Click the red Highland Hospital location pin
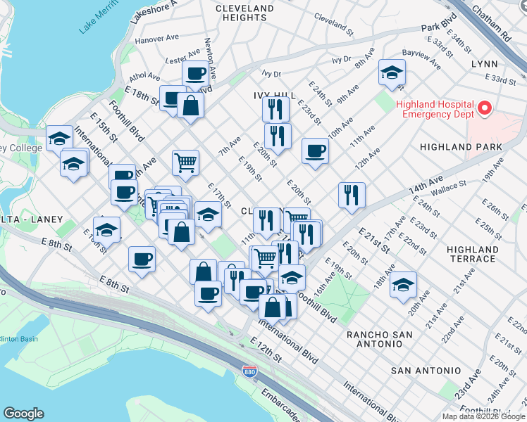(484, 109)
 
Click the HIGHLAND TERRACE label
(473, 254)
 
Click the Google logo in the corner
(24, 414)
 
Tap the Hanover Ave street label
(157, 39)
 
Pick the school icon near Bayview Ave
(392, 72)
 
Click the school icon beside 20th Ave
(403, 285)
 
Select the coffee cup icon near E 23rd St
(315, 151)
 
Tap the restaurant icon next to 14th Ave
(352, 195)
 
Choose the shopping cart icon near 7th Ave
(185, 162)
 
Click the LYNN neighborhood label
(483, 64)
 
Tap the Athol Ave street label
(144, 76)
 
